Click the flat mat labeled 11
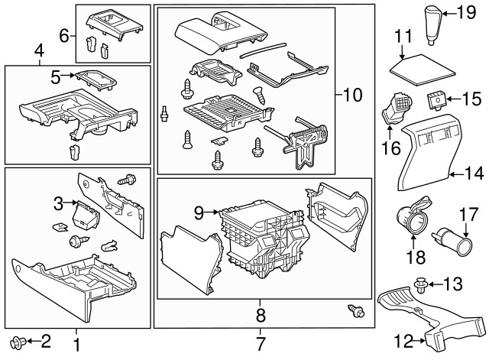coord(416,66)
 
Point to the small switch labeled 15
coord(437,98)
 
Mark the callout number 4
coord(39,52)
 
